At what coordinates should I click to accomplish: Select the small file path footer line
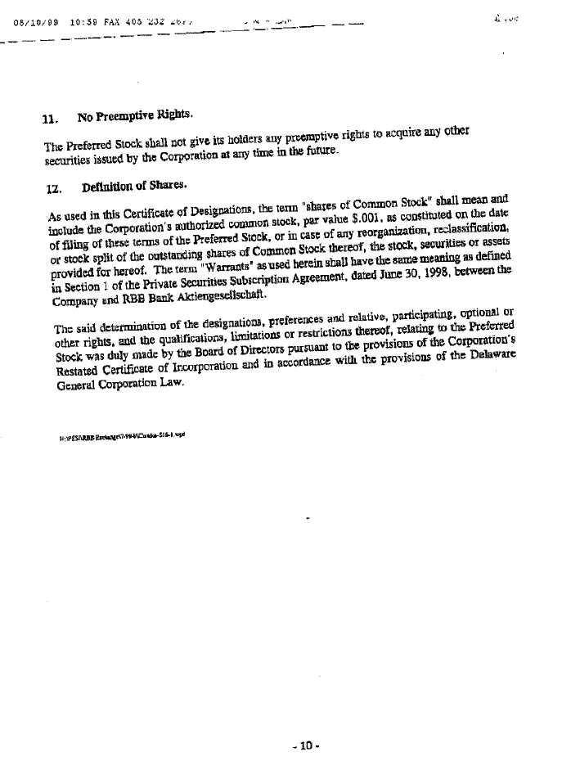(x=123, y=437)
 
